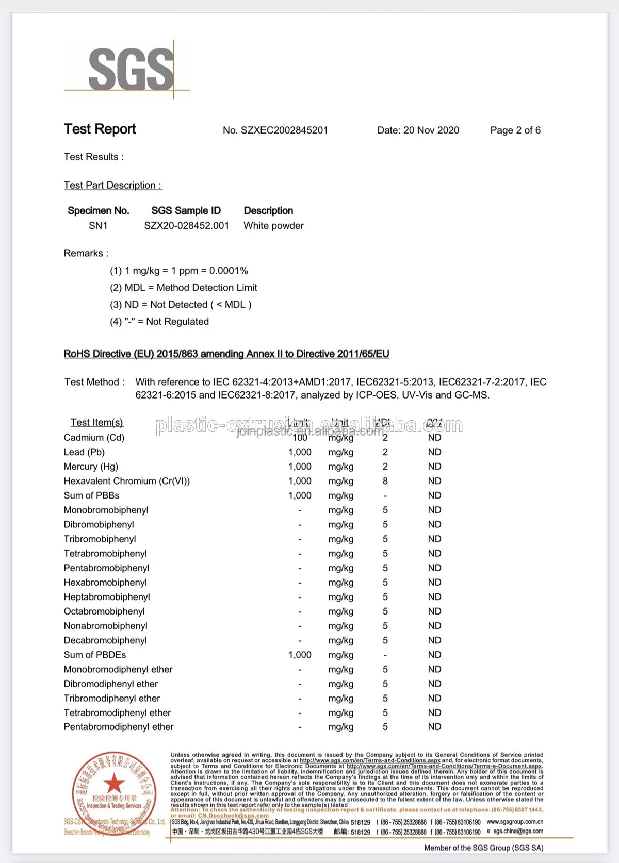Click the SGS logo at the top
point(131,69)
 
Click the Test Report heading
point(100,129)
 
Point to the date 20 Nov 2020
point(431,130)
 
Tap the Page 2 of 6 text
point(515,130)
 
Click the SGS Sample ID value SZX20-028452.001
point(186,226)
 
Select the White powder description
point(273,226)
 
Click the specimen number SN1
point(98,226)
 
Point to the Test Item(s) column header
point(96,423)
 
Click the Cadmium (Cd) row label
point(94,438)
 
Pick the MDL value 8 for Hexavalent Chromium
point(385,481)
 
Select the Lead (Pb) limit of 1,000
point(300,452)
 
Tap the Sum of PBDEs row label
point(95,655)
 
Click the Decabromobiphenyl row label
point(105,640)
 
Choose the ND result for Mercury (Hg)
point(434,467)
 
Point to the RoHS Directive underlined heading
point(226,354)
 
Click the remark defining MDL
point(183,288)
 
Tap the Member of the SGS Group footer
point(483,848)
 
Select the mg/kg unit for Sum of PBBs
point(340,495)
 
